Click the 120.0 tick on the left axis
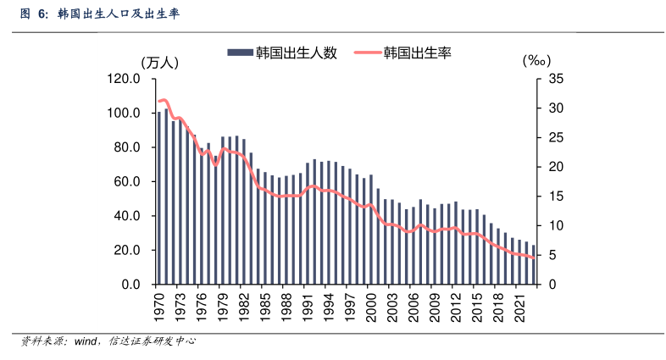pyautogui.click(x=124, y=79)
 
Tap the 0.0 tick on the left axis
pyautogui.click(x=130, y=284)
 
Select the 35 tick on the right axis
pyautogui.click(x=556, y=79)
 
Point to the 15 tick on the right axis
pyautogui.click(x=556, y=197)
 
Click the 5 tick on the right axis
pyautogui.click(x=552, y=255)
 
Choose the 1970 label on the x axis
pyautogui.click(x=158, y=307)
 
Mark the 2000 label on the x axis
pyautogui.click(x=370, y=307)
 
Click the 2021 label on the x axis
pyautogui.click(x=519, y=307)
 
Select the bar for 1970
pyautogui.click(x=158, y=197)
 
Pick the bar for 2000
pyautogui.click(x=371, y=229)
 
